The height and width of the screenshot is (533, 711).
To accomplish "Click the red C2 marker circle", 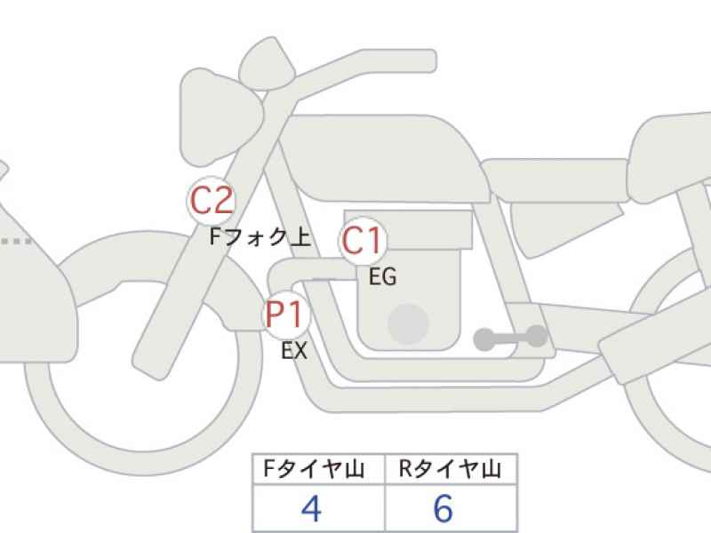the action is (212, 201).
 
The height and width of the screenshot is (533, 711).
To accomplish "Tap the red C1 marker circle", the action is (362, 240).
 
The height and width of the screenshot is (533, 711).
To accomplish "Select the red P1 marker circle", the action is (285, 314).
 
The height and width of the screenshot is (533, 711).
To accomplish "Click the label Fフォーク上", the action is (260, 236).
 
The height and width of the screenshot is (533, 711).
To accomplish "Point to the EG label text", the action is (383, 276).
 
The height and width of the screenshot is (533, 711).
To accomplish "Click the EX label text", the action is (294, 350).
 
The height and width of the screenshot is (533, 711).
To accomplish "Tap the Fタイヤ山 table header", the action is (314, 469).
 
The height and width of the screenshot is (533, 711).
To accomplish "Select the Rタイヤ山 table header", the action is (450, 469).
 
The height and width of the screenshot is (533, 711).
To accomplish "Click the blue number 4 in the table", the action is (312, 508).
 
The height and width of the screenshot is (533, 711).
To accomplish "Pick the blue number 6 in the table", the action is (443, 508).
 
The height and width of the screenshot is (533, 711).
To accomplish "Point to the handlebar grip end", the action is (424, 60).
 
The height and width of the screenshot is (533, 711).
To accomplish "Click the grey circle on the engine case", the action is (408, 324).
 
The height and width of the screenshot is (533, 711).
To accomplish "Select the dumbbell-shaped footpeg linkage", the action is (510, 338).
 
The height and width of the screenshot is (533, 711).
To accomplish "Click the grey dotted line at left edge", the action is (16, 241).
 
